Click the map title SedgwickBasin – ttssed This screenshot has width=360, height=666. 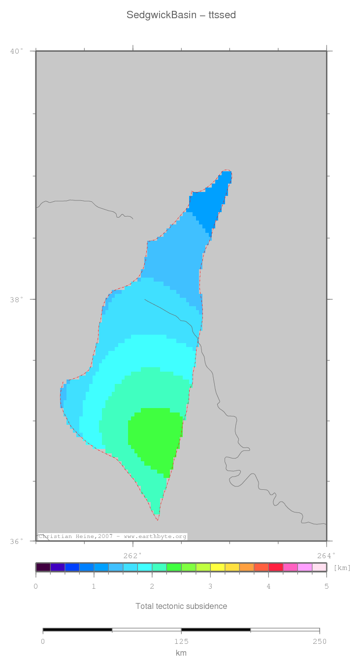(x=181, y=15)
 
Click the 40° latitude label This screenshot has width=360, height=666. (x=17, y=51)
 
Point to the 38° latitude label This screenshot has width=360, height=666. (x=17, y=299)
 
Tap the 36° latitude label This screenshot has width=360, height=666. (x=17, y=541)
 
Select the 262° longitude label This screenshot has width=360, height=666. (x=132, y=555)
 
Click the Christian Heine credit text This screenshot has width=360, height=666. (x=112, y=536)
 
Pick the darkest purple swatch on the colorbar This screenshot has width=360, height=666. (x=43, y=568)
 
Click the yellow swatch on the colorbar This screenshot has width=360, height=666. (x=218, y=568)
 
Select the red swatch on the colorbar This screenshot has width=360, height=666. (x=276, y=568)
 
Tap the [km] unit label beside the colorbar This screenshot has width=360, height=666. (x=342, y=568)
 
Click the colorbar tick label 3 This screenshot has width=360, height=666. (x=210, y=586)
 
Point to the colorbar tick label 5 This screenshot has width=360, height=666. (x=326, y=586)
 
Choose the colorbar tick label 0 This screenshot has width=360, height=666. (x=36, y=586)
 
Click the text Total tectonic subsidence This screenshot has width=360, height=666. (x=181, y=606)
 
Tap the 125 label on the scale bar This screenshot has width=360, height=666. (x=181, y=641)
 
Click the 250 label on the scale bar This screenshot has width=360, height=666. (x=319, y=641)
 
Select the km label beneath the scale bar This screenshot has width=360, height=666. (x=181, y=653)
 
